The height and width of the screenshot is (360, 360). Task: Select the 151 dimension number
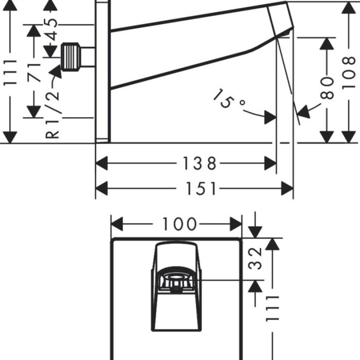pyautogui.click(x=200, y=189)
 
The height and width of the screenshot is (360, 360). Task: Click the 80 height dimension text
pyautogui.click(x=329, y=87)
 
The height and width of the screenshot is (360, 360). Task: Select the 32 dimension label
pyautogui.click(x=257, y=259)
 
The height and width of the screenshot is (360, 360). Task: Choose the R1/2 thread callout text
pyautogui.click(x=52, y=114)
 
